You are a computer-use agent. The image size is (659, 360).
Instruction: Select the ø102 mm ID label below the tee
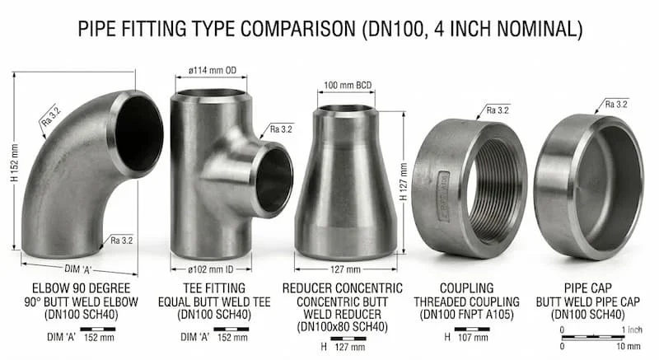tap(217, 269)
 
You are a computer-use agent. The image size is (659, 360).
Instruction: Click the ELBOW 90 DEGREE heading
tap(79, 288)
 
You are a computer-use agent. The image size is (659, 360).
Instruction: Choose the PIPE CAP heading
tap(588, 288)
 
